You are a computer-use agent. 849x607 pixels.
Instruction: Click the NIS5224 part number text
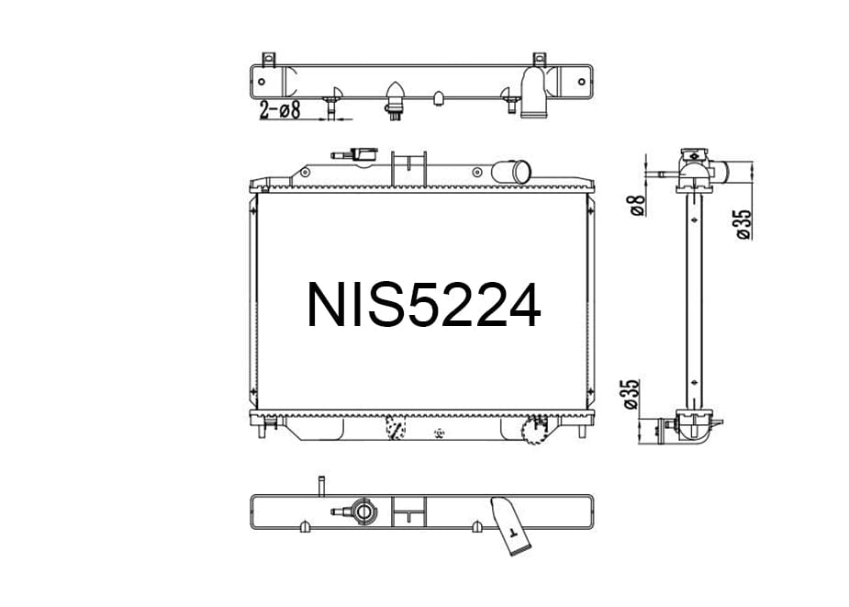[423, 305]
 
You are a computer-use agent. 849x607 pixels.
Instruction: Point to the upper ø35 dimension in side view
[743, 223]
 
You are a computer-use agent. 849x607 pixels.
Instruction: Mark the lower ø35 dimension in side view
[631, 393]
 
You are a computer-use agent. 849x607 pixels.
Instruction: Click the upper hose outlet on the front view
[511, 172]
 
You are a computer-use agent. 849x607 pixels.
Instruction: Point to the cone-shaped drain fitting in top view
[395, 94]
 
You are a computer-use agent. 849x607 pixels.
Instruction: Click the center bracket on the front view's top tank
[408, 170]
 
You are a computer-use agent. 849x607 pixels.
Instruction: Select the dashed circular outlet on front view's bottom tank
[395, 428]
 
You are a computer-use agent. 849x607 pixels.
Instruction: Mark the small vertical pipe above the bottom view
[321, 485]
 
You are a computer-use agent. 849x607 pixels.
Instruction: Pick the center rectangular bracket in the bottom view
[408, 511]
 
